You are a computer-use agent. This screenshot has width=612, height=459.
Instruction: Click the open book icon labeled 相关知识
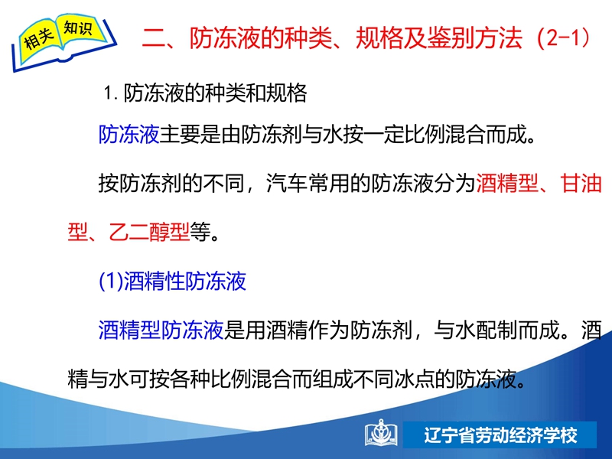coord(64,42)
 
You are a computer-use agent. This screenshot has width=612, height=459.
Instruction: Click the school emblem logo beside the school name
coord(381,433)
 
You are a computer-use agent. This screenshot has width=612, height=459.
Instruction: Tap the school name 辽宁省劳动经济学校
coord(501,435)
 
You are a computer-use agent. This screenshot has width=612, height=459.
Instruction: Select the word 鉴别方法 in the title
coord(474,37)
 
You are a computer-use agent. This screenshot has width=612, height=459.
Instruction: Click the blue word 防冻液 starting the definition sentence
coord(129,135)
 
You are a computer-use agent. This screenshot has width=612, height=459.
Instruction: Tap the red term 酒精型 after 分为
coord(506,183)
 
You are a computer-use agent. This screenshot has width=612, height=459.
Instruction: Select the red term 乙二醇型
coord(149,232)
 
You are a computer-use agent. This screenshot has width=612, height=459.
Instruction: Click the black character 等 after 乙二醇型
coord(200,232)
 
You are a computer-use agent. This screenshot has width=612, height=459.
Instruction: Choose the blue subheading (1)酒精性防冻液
coord(173,281)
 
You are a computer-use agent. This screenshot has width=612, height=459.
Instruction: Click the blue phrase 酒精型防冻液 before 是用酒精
coord(161,330)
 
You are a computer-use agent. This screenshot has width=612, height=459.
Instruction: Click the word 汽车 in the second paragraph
coord(286,183)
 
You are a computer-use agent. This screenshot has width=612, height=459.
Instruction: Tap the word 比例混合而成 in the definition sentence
coord(466,135)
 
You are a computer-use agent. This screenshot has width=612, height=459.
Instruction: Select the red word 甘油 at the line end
coord(581,183)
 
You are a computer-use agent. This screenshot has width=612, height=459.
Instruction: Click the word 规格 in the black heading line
coord(286,93)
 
